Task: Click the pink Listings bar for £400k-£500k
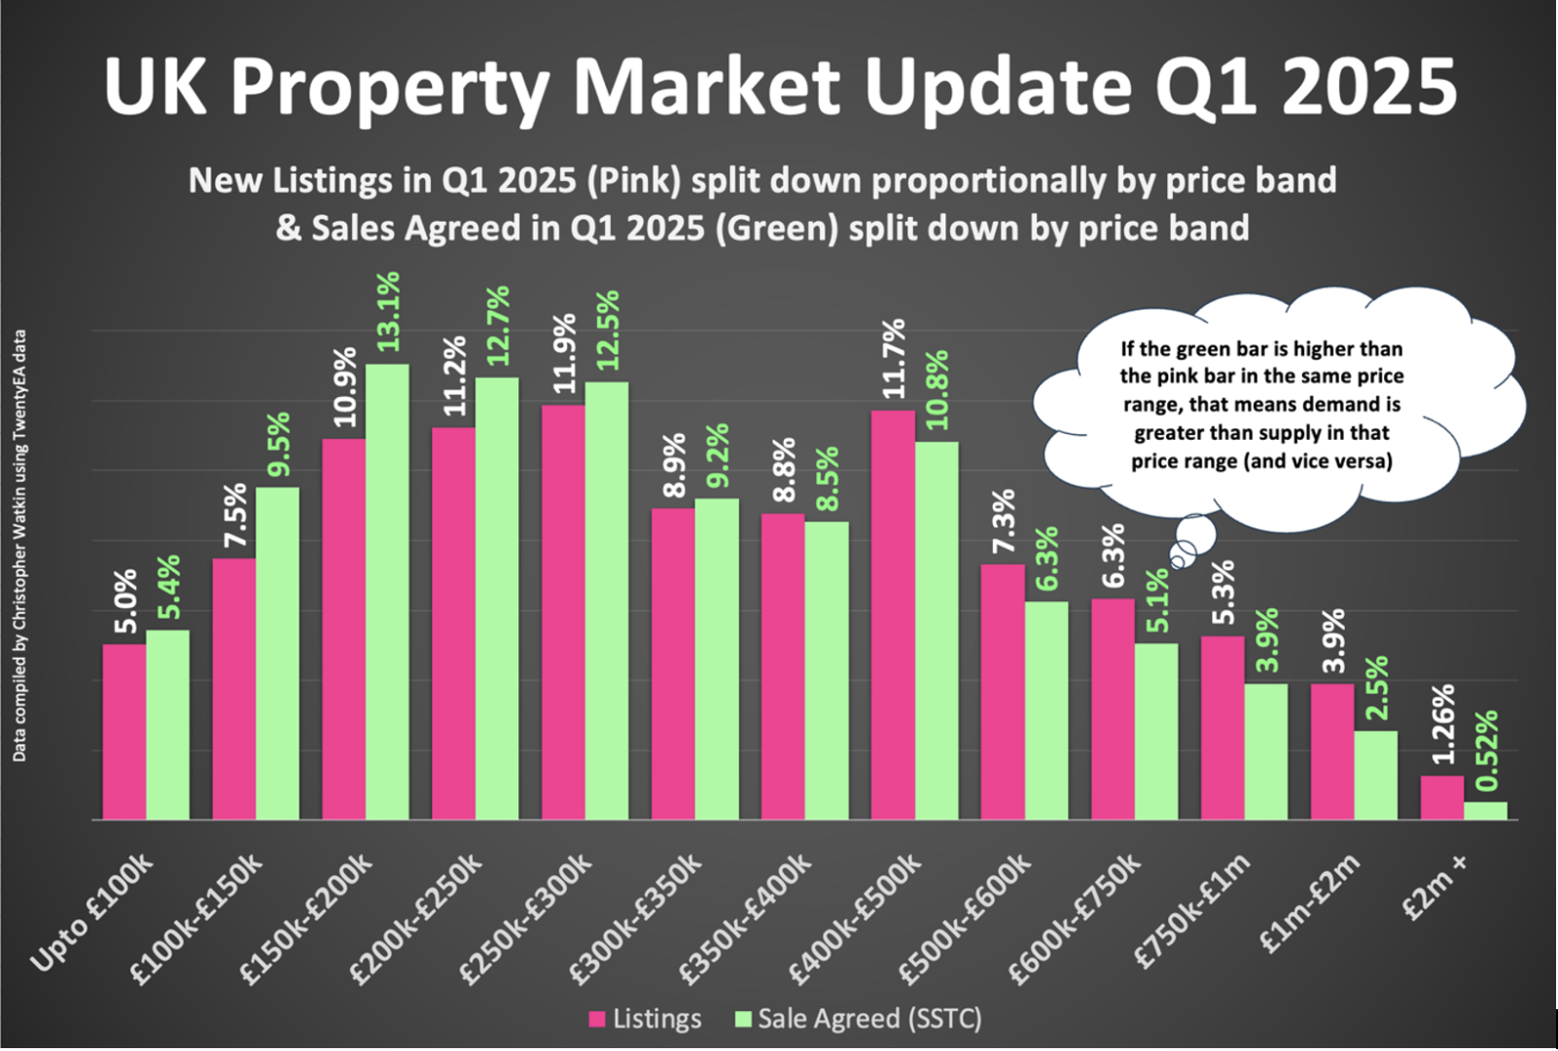point(893,615)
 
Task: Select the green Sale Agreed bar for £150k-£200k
point(387,592)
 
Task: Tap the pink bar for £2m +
point(1441,797)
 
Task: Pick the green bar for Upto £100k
point(167,725)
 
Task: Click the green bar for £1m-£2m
point(1375,775)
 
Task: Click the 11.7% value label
point(893,358)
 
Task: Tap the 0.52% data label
point(1486,751)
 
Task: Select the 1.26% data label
point(1442,724)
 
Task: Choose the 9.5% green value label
point(278,444)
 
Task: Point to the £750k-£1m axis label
point(1192,910)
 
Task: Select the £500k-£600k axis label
point(966,917)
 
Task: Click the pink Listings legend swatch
point(597,1020)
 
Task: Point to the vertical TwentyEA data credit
point(19,545)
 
